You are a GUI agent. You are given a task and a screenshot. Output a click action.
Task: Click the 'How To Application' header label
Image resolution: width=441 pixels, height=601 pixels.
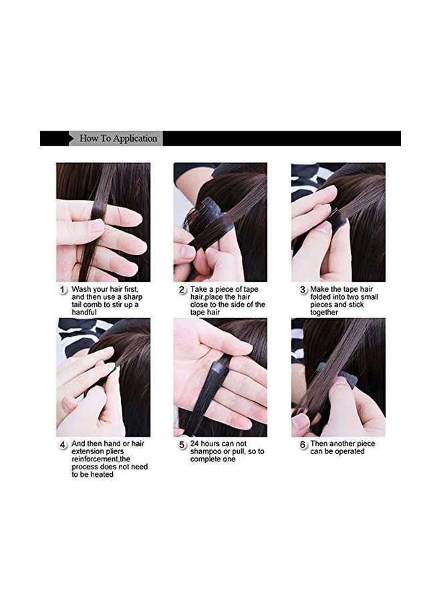[x=118, y=139]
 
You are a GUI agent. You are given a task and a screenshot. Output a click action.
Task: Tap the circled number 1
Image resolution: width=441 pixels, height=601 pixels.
[x=63, y=290]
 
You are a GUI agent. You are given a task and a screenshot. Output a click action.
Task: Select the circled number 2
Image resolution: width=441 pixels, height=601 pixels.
[x=182, y=289]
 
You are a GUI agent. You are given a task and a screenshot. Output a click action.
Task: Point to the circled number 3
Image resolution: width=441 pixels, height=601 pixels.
[x=303, y=289]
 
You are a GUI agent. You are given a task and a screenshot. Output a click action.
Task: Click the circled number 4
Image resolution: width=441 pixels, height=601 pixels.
[x=63, y=443]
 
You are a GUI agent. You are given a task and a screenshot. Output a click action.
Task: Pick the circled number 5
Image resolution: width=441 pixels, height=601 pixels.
[x=182, y=443]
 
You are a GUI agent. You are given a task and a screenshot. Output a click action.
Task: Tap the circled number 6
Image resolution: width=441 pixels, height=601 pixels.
[x=303, y=443]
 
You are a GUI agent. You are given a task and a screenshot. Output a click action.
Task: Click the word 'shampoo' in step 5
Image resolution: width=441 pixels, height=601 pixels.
[x=205, y=451]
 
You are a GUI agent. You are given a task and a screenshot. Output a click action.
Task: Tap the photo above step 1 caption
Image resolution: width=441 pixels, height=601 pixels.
[x=103, y=222]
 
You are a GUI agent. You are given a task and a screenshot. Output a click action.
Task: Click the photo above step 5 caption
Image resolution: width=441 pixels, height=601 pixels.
[x=220, y=377]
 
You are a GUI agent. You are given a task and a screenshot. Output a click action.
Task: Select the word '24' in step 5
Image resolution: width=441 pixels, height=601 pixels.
[x=195, y=443]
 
